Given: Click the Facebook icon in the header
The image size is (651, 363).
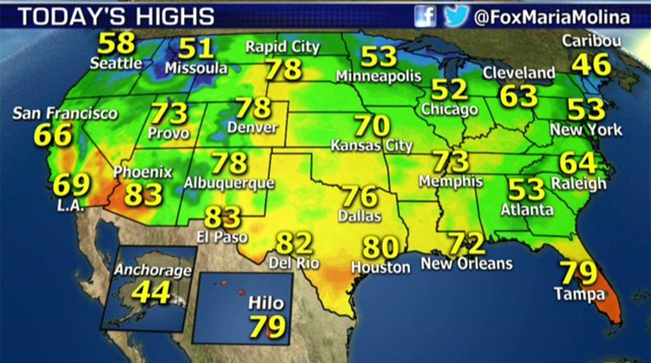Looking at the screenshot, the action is (x=426, y=16).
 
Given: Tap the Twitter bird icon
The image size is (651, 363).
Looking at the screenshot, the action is (x=454, y=16).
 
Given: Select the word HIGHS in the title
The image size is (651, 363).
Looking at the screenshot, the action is (x=178, y=16).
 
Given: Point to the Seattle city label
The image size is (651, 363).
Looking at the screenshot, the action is (x=116, y=63).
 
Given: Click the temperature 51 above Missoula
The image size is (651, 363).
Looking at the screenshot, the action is (x=196, y=49).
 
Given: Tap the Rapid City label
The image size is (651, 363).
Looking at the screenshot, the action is (x=283, y=47).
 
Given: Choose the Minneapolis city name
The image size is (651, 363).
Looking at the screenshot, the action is (x=379, y=76).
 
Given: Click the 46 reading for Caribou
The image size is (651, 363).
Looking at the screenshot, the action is (x=591, y=65).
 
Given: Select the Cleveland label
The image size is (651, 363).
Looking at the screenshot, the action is (x=519, y=73).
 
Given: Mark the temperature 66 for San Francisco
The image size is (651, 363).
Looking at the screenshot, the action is (x=53, y=135).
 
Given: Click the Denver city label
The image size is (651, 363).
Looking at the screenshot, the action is (x=252, y=128).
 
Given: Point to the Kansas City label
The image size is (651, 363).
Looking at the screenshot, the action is (x=371, y=145).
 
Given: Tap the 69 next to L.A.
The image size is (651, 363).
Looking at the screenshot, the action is (x=71, y=184).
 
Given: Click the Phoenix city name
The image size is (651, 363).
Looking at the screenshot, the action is (x=143, y=173).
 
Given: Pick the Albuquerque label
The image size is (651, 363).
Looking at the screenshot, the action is (x=229, y=183).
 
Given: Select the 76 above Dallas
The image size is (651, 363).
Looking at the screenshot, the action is (x=360, y=197).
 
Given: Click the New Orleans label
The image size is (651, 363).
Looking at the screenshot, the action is (x=466, y=263).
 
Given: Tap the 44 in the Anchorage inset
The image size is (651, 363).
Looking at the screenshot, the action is (x=151, y=292).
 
